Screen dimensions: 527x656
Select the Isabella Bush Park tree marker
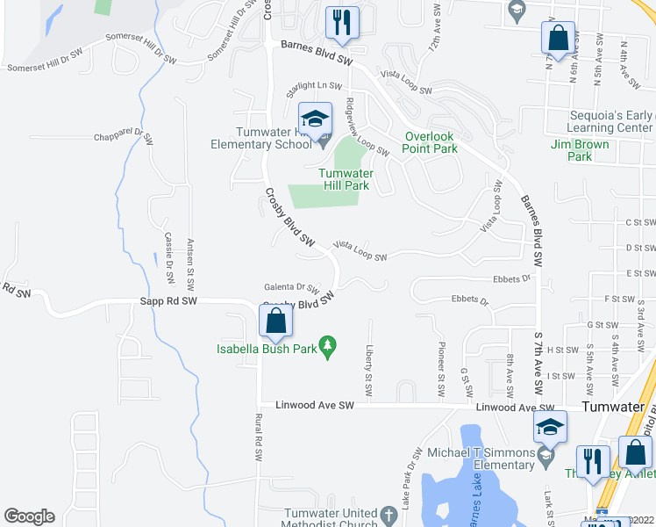pos(328,348)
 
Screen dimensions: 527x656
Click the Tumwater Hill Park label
pos(344,179)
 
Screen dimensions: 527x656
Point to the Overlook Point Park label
pos(431,142)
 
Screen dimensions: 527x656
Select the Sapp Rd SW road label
pos(168,301)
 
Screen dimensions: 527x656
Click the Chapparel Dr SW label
pos(123,138)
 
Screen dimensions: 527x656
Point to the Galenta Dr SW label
pos(291,286)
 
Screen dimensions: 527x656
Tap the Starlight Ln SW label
pos(314,86)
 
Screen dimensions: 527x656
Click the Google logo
pos(29,516)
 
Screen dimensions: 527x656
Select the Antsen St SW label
pos(189,256)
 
